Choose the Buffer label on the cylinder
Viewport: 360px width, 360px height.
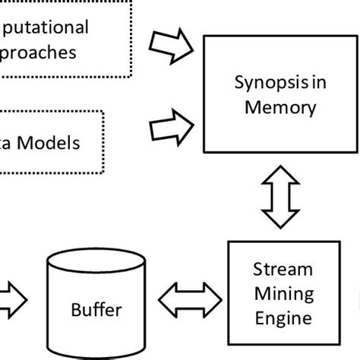point(96,310)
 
